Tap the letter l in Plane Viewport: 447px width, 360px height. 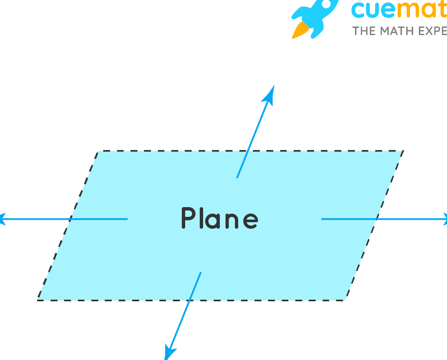tap(202, 217)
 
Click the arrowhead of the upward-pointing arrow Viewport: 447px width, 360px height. tap(270, 94)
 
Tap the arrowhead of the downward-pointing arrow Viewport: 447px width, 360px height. tap(169, 351)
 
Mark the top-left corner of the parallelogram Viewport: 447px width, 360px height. tap(98, 152)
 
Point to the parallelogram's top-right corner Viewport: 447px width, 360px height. tap(403, 151)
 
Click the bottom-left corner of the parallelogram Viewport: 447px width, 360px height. tap(38, 300)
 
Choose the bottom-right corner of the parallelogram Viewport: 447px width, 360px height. tap(345, 300)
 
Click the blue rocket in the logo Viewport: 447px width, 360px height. tap(314, 16)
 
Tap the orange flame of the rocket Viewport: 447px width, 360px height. tap(300, 31)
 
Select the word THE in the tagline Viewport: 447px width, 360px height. tap(363, 31)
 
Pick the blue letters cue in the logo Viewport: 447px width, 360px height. tap(374, 10)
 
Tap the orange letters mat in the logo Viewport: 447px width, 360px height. tap(422, 10)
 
